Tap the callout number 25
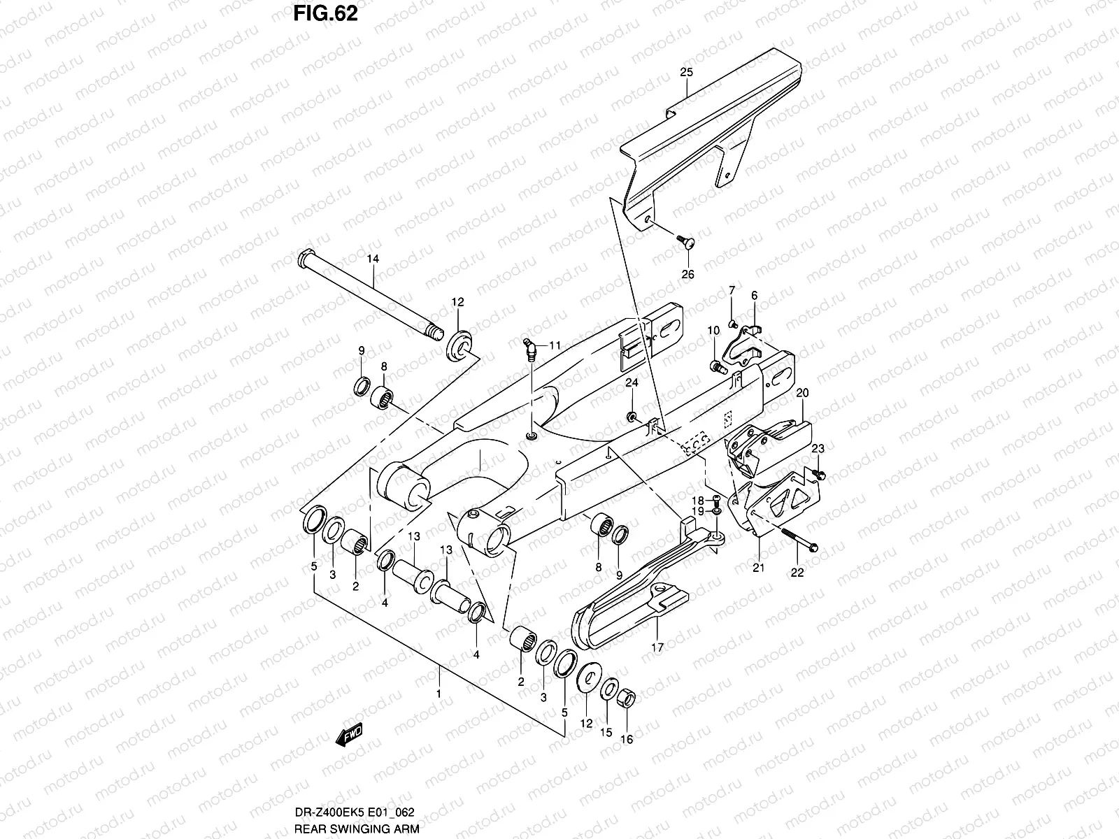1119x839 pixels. (x=686, y=73)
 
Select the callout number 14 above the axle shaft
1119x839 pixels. (x=373, y=259)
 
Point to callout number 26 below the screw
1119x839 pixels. (x=687, y=274)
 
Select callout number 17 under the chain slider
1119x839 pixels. (x=657, y=647)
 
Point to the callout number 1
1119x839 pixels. (x=439, y=694)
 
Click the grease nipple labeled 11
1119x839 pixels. (x=529, y=348)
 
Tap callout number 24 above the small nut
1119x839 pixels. (x=632, y=382)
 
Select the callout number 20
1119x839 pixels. (x=802, y=393)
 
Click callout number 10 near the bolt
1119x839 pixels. (x=713, y=330)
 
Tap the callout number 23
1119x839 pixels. (x=818, y=448)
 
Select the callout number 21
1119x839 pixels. (x=759, y=568)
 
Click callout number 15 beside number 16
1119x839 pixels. (x=606, y=732)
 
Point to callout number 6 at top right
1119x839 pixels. (x=755, y=296)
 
